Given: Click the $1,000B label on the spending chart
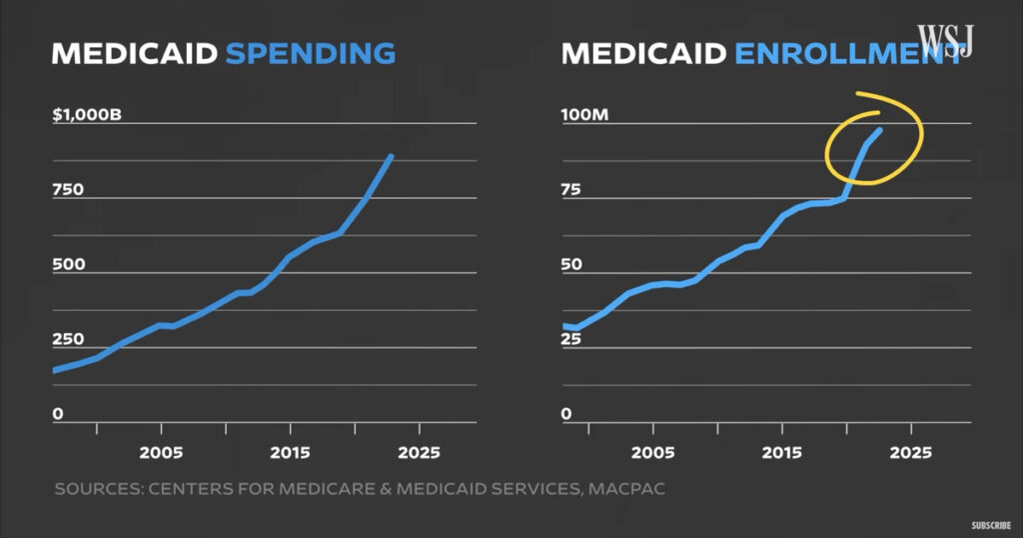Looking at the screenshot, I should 87,115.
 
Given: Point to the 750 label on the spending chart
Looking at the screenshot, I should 68,190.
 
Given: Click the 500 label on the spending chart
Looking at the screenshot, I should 68,265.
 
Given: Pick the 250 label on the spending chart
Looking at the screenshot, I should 68,340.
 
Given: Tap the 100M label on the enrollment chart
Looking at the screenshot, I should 584,115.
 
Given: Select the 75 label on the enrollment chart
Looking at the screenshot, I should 572,190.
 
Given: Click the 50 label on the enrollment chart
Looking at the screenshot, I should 572,265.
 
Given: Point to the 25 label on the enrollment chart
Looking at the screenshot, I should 571,340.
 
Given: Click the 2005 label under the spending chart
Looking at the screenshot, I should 161,452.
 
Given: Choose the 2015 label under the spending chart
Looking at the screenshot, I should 290,452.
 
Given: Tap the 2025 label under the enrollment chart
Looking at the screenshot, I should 910,452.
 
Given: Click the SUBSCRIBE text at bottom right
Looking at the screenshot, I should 992,524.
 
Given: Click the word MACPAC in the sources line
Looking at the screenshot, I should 633,490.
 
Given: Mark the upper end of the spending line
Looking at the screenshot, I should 391,157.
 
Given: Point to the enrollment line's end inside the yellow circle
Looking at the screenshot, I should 880,130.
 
